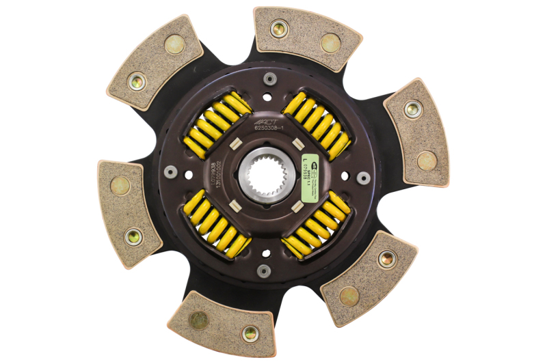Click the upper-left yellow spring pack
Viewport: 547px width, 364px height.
[x=218, y=123]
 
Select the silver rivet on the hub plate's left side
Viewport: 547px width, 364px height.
[x=170, y=172]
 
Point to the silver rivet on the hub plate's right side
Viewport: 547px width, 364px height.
[x=364, y=178]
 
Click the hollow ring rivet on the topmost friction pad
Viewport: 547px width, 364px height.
[x=278, y=29]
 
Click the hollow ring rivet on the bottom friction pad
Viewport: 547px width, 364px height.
[x=251, y=333]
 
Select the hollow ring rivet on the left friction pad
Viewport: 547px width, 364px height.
[x=134, y=236]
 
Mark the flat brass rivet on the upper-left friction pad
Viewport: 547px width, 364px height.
[x=175, y=45]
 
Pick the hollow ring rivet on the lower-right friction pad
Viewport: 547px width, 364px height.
[x=387, y=259]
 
